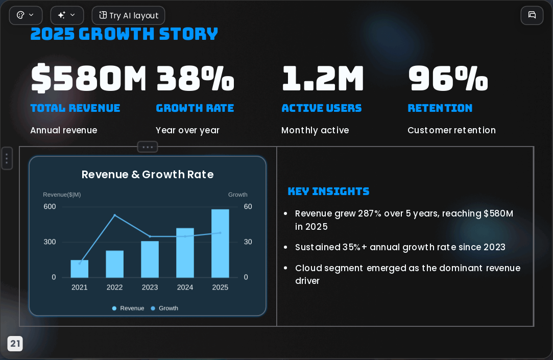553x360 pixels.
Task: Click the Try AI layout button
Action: tap(128, 15)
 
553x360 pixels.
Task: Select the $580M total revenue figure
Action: tap(88, 78)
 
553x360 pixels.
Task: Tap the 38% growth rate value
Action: tap(195, 78)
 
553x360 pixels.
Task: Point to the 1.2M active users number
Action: tap(323, 78)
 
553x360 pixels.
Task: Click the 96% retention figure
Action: tap(448, 78)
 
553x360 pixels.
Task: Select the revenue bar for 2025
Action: tap(220, 243)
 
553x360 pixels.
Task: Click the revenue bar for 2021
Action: tap(79, 269)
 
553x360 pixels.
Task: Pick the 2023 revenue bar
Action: tap(150, 259)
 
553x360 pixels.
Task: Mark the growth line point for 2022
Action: tap(114, 215)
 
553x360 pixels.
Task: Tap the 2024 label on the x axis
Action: tap(185, 287)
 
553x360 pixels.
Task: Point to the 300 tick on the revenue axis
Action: tap(50, 242)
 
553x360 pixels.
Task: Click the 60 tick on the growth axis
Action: tap(248, 207)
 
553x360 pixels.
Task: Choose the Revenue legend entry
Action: tap(128, 308)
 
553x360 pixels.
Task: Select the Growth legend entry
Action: tap(164, 308)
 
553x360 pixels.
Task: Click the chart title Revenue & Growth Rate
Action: tap(148, 175)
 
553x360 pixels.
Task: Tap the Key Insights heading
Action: tap(328, 191)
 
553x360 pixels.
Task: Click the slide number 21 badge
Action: tap(15, 344)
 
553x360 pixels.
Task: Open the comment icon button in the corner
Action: tap(532, 15)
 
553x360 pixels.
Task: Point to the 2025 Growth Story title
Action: tap(124, 34)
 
